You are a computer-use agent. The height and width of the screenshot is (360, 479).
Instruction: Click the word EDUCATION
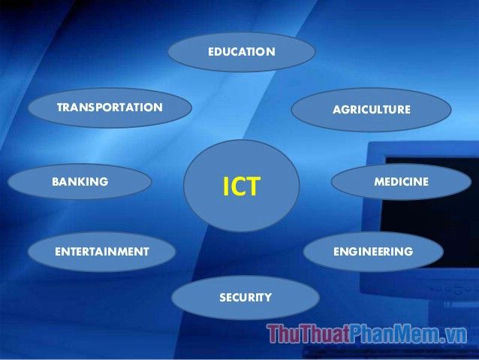coord(242,52)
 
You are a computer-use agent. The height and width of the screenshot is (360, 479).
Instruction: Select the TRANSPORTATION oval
coord(110,107)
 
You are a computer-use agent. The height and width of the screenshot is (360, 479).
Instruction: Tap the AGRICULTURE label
coord(372,110)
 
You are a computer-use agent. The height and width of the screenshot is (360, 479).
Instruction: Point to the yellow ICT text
coord(241,186)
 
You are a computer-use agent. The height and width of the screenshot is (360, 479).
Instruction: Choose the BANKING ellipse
coord(80,182)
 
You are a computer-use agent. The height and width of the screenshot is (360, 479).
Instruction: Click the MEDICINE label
coord(402,182)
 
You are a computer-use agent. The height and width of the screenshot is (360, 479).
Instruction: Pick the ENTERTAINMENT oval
coord(101,252)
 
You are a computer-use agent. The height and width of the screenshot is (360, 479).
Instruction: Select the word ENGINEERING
coord(373,252)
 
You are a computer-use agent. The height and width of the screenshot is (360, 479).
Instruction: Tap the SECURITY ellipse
coord(246,298)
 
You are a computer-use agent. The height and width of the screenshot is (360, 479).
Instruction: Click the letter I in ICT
coord(225,186)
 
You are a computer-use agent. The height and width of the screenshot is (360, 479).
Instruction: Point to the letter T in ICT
coord(253,186)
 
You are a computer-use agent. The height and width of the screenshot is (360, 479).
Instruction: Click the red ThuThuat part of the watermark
coord(309,334)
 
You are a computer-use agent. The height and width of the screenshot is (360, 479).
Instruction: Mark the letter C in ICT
coord(236,186)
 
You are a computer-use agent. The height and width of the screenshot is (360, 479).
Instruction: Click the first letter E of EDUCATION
coord(211,52)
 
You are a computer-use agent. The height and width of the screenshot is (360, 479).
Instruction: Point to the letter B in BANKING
coord(56,182)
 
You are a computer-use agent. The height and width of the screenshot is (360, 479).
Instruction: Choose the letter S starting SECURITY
coord(223,298)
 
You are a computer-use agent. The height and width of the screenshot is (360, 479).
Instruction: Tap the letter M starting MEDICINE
coord(379,182)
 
